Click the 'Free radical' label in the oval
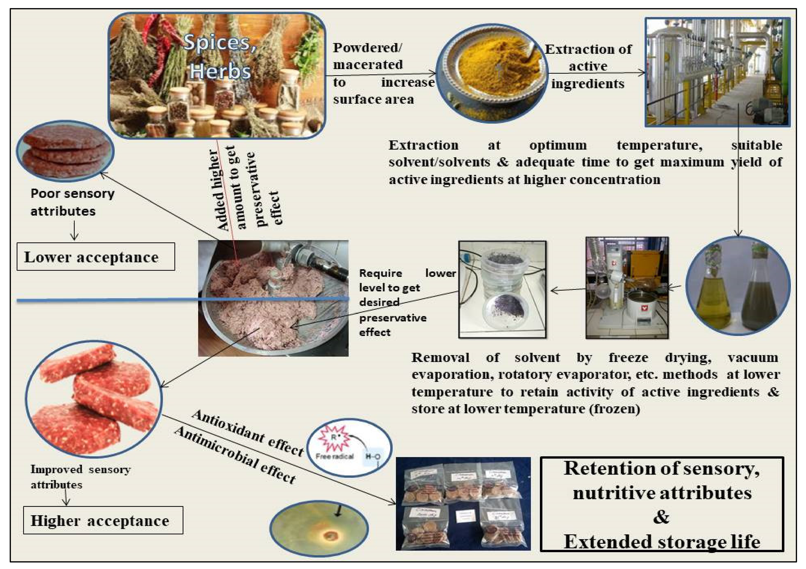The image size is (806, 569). point(334,456)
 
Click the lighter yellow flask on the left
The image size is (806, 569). point(713,298)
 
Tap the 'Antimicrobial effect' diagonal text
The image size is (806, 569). point(235,455)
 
